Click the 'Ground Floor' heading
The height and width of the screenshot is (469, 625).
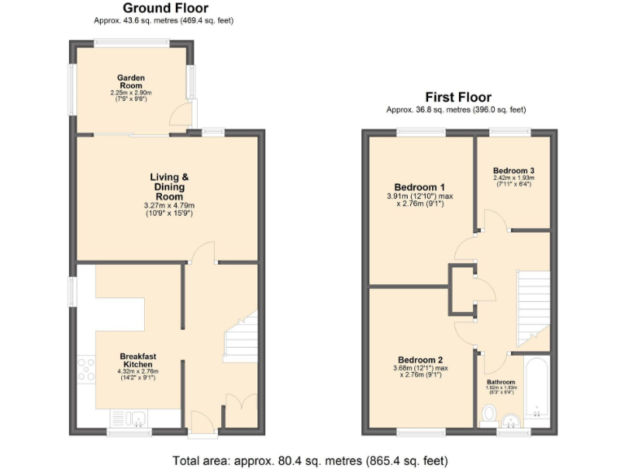169,9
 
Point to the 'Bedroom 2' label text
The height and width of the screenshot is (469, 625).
420,360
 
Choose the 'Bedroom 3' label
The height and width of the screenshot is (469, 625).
513,170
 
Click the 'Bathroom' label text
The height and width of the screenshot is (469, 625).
500,382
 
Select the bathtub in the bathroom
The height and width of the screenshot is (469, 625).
537,389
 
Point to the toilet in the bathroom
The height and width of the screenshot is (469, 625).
488,416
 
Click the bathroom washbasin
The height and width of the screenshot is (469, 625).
510,420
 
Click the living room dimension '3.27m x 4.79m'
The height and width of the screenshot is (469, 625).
169,205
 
